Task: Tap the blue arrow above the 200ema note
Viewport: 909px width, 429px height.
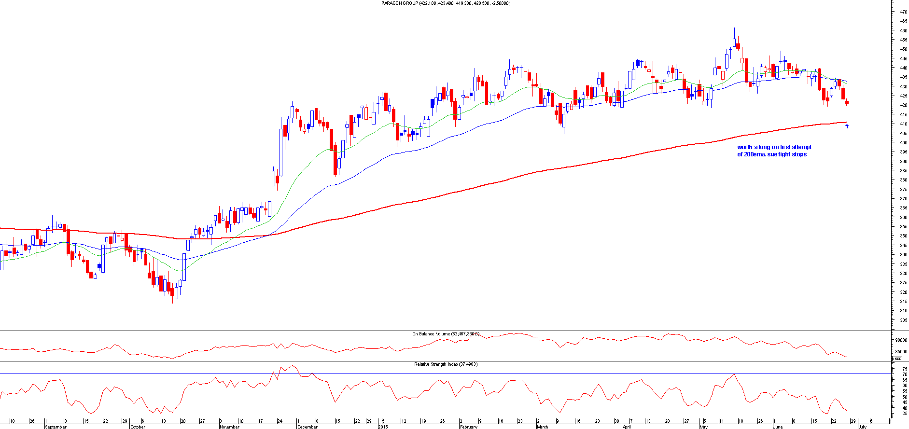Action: coord(847,126)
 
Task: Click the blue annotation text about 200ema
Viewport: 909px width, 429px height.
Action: coord(774,151)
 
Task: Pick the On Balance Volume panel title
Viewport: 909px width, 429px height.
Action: coord(445,334)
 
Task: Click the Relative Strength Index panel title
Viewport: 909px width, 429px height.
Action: coord(445,364)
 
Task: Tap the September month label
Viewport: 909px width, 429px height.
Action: coord(56,427)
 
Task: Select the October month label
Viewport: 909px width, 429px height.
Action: coord(138,427)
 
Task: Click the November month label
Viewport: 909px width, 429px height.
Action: coord(229,427)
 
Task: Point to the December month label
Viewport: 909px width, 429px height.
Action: coord(308,427)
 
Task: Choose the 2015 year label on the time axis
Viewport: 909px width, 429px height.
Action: coord(383,427)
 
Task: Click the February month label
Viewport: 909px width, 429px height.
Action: coord(468,427)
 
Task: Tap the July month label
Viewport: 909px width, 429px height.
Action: coord(862,427)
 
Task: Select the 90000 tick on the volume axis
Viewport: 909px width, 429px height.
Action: coord(901,340)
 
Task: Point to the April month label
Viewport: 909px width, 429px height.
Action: coord(627,427)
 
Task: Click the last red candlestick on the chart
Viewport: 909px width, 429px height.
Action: coord(847,102)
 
